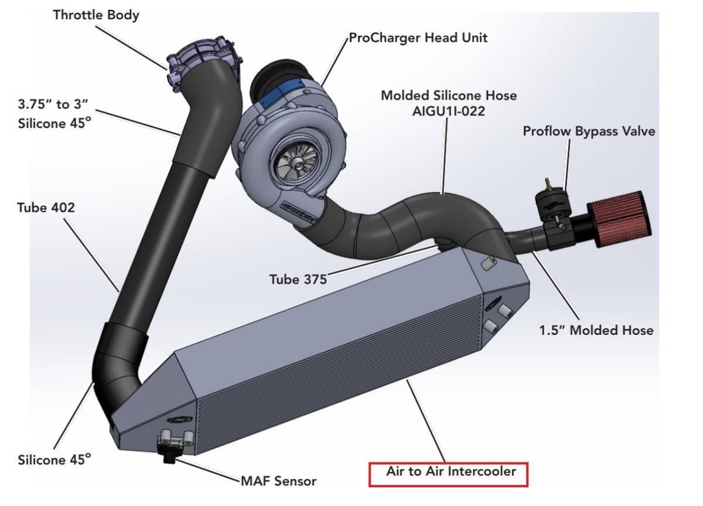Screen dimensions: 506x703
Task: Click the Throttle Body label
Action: pyautogui.click(x=96, y=15)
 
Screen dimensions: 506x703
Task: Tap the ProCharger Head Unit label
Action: pyautogui.click(x=418, y=38)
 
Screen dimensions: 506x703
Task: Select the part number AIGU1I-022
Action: pyautogui.click(x=449, y=110)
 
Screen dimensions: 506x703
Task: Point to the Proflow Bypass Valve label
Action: pyautogui.click(x=589, y=131)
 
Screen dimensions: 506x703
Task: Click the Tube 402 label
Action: pyautogui.click(x=46, y=208)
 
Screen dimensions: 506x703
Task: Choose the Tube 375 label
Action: pyautogui.click(x=298, y=279)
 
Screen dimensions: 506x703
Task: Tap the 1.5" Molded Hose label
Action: pyautogui.click(x=596, y=330)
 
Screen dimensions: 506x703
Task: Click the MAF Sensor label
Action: pyautogui.click(x=278, y=481)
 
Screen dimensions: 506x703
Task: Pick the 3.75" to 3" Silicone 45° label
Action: pyautogui.click(x=54, y=114)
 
